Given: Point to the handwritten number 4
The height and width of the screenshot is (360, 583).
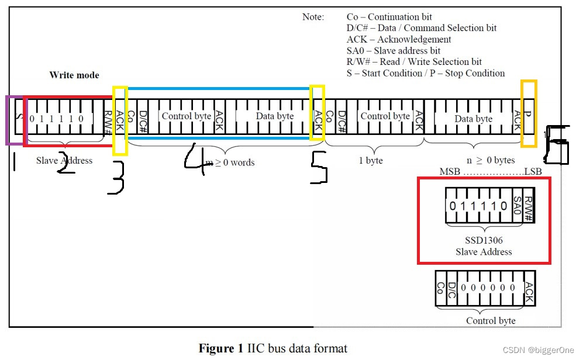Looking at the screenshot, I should point(195,158).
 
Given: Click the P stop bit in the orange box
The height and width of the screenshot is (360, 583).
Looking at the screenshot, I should point(528,115).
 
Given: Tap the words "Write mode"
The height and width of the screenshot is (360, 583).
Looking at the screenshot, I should point(74,75).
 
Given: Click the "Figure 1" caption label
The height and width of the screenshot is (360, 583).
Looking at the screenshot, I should point(220,349).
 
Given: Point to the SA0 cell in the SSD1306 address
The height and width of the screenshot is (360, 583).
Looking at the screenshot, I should point(517,206).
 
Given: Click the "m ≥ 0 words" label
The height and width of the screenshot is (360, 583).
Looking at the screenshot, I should point(230,162).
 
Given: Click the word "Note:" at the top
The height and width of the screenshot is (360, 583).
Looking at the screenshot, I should point(313,17).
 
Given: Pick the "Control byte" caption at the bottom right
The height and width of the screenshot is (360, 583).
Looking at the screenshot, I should point(490,320).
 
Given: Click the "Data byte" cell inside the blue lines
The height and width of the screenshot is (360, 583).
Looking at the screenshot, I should point(275,116).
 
